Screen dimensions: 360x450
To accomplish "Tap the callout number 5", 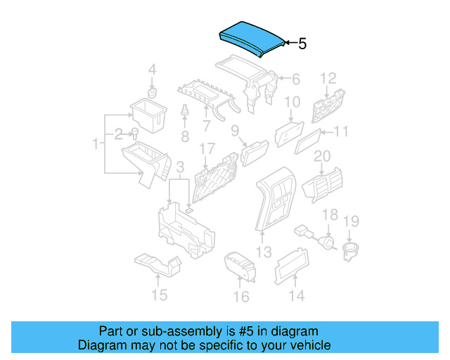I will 302,44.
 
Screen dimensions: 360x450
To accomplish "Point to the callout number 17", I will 206,149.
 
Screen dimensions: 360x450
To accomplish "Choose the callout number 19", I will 350,221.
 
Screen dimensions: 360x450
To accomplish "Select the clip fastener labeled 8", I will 185,112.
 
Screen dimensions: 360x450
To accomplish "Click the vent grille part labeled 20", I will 321,186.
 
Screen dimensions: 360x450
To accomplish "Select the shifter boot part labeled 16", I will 239,268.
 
